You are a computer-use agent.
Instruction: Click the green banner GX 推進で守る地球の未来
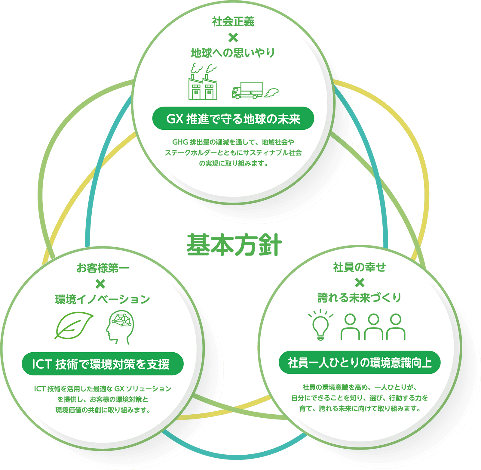tap(233, 119)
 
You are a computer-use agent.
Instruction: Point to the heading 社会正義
tap(233, 22)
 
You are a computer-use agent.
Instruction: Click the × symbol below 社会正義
tap(233, 38)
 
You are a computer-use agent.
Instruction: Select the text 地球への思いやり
tap(233, 53)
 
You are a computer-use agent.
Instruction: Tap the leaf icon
tap(74, 325)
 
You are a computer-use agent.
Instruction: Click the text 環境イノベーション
tap(102, 299)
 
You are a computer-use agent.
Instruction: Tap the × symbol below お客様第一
tap(100, 284)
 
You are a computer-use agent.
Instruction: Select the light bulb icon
tap(321, 325)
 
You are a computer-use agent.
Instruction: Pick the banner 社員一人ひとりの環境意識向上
tap(360, 363)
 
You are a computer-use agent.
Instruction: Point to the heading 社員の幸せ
tap(360, 267)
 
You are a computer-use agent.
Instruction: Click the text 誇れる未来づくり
tap(360, 298)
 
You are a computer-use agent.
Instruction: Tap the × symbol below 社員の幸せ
tap(360, 283)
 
